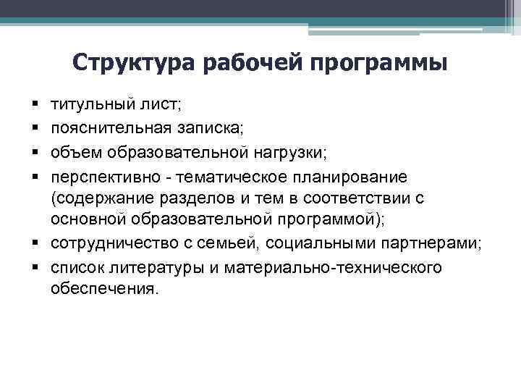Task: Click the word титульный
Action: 88,105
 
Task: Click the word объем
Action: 75,152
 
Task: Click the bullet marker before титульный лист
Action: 34,106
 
